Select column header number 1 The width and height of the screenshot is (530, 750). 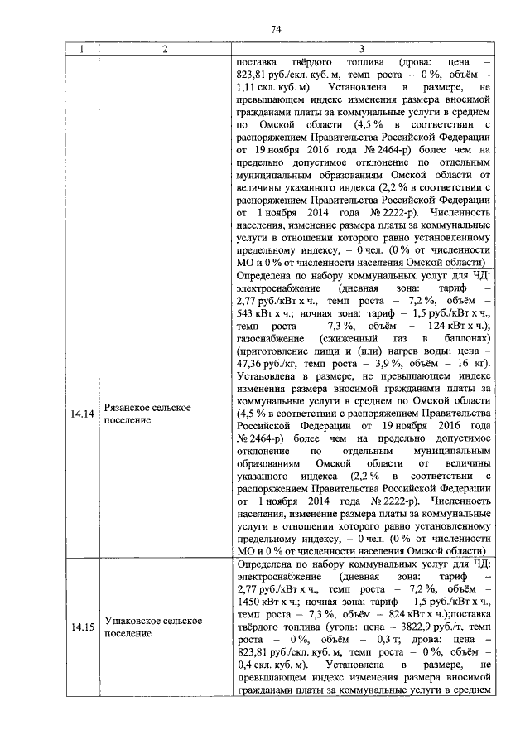(81, 50)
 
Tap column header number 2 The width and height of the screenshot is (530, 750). (165, 50)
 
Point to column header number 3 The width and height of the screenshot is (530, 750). (362, 50)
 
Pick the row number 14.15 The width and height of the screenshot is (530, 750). (82, 627)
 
